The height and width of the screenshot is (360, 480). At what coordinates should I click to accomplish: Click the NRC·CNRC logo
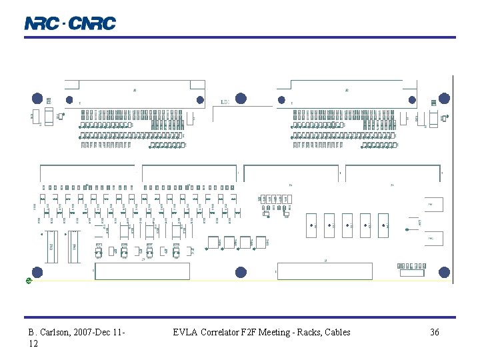point(70,23)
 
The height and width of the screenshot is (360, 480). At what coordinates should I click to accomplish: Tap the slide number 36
point(435,332)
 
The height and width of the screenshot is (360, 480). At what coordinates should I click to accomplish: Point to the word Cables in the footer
point(337,332)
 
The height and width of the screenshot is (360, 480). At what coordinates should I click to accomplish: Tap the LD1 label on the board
point(226,102)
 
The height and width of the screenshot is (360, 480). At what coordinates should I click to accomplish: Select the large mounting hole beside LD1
point(241,99)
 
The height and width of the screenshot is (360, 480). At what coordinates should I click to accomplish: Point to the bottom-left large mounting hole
point(37,272)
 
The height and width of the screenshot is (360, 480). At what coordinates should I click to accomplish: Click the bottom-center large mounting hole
point(241,272)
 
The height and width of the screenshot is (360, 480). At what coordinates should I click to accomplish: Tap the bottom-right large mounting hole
point(444,272)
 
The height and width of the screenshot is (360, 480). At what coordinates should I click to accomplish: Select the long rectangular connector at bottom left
point(143,271)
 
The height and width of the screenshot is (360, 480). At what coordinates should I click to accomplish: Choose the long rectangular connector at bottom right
point(325,271)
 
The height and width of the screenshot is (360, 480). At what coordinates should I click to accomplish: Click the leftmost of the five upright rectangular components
point(311,225)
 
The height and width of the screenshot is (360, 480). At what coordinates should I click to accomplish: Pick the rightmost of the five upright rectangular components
point(383,225)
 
